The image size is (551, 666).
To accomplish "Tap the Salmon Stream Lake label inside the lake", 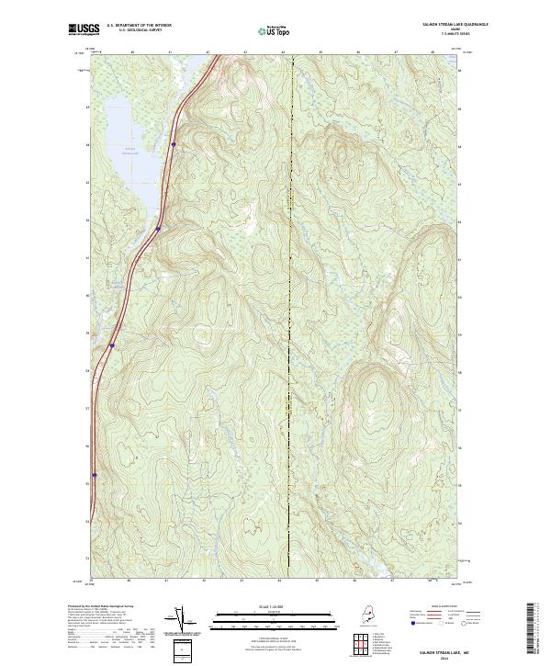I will (130, 152).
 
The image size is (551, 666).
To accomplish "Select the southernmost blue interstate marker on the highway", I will (95, 475).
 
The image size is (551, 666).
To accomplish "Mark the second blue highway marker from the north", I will (158, 229).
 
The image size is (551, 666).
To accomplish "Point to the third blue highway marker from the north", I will (111, 346).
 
